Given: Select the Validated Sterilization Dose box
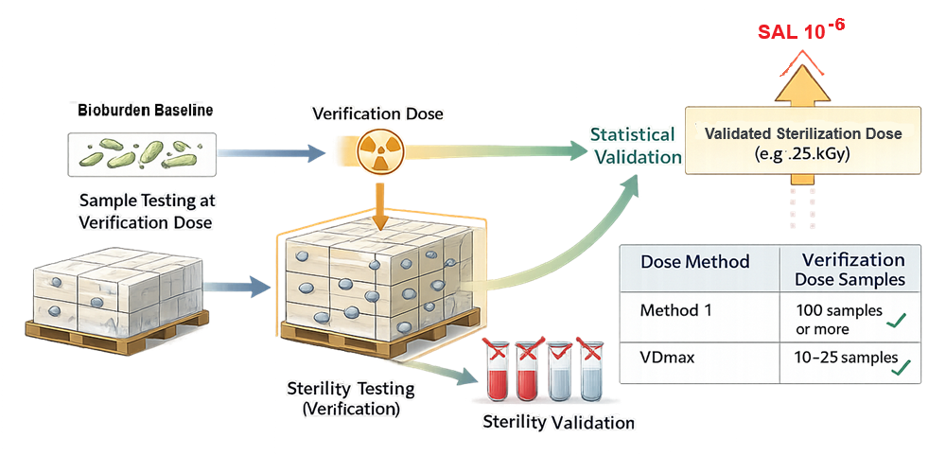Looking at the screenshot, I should (x=803, y=144).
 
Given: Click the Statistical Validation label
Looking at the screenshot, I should (x=633, y=146).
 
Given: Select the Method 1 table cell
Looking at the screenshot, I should (x=676, y=309).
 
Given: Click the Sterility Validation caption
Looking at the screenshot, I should (x=558, y=422).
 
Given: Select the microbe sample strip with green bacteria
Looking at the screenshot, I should (x=142, y=151).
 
